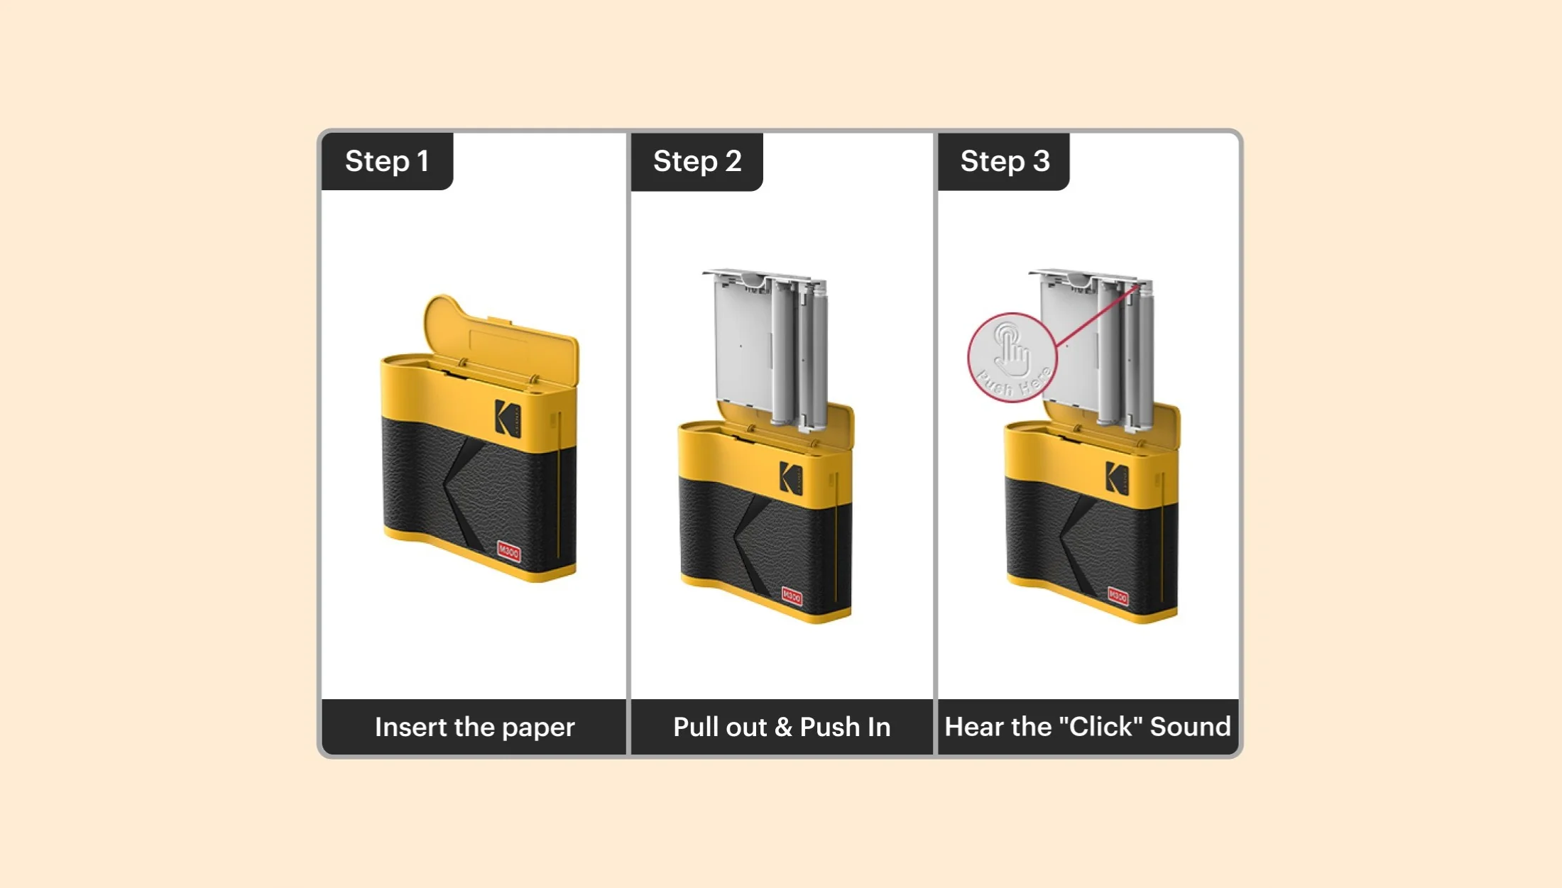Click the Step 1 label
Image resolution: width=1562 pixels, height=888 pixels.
click(x=387, y=161)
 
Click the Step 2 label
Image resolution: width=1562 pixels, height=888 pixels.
click(x=697, y=161)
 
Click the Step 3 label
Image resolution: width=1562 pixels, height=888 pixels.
click(x=1004, y=161)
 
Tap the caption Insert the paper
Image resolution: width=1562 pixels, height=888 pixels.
click(x=474, y=727)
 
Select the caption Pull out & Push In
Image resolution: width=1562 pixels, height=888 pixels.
click(x=782, y=727)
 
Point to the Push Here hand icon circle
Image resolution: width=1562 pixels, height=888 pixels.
click(x=1012, y=358)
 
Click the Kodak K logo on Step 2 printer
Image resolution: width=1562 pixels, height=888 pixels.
click(x=790, y=478)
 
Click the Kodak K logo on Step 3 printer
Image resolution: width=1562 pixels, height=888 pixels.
click(x=1117, y=478)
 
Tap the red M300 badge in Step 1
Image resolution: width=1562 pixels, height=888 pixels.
click(x=509, y=552)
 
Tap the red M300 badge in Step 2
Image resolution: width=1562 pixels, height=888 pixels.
click(x=792, y=596)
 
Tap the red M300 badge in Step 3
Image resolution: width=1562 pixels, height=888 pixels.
click(x=1118, y=596)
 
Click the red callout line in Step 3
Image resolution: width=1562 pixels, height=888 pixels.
click(x=1097, y=317)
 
